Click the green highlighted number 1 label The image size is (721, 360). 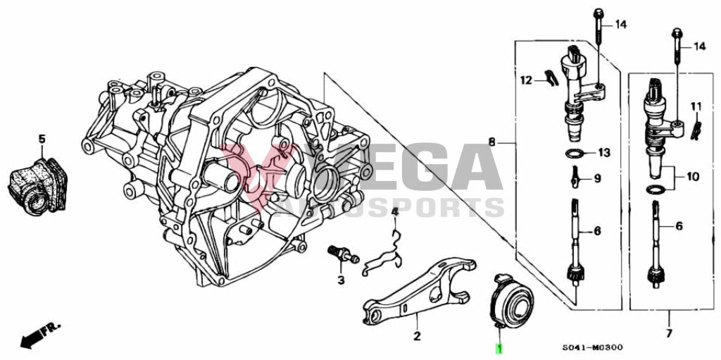click(x=500, y=348)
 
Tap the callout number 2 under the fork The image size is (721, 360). click(x=416, y=336)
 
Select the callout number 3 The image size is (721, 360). click(x=341, y=280)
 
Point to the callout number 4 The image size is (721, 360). click(x=395, y=212)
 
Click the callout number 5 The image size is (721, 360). click(x=42, y=139)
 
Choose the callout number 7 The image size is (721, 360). click(x=668, y=333)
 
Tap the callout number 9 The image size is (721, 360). click(x=597, y=178)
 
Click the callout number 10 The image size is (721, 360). click(x=693, y=176)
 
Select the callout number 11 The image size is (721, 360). click(x=696, y=106)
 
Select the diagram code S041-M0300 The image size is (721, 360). click(x=592, y=348)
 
